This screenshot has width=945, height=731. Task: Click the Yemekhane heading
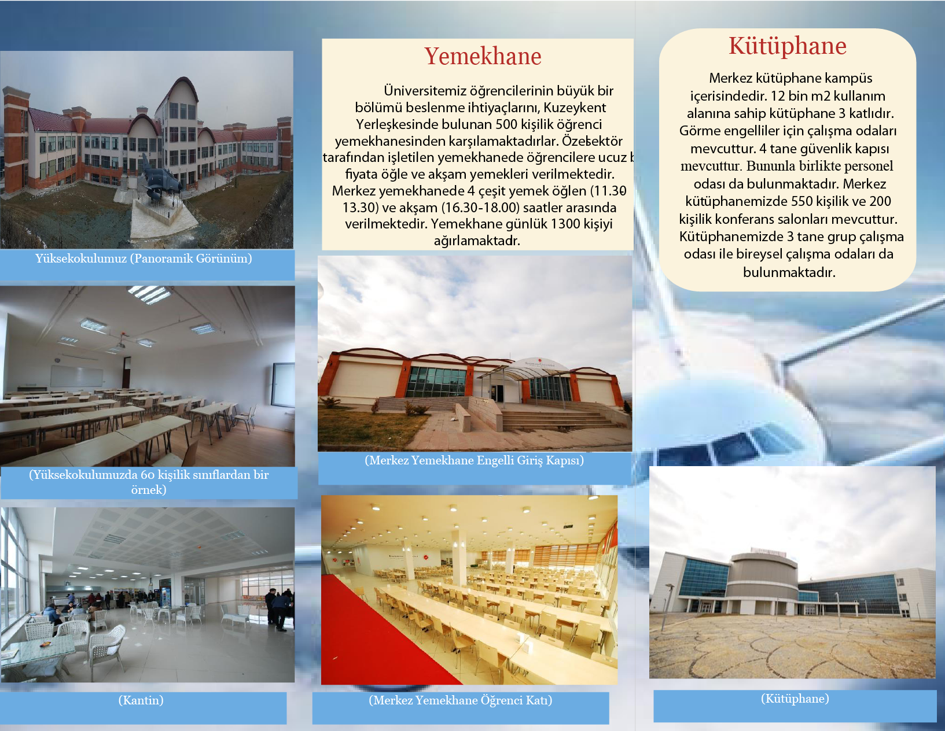[483, 56]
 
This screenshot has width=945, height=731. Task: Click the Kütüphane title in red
[788, 46]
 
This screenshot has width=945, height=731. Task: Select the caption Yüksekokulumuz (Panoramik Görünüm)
[144, 259]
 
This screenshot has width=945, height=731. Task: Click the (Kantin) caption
[141, 700]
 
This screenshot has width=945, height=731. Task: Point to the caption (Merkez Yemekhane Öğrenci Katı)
[461, 700]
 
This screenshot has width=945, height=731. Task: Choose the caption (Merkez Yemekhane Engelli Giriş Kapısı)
[474, 460]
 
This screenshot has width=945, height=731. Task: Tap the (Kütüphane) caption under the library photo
[795, 699]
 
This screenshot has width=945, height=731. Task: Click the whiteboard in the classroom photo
[76, 376]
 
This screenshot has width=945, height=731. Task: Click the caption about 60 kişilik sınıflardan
[149, 482]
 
